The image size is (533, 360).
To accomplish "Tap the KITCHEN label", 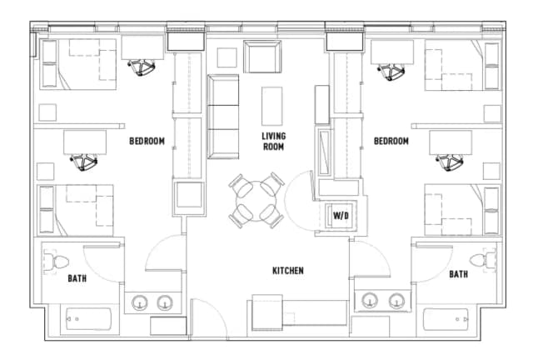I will pos(287,271).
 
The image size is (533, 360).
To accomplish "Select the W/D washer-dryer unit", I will pos(340,215).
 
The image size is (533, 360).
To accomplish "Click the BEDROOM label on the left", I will pos(147,141).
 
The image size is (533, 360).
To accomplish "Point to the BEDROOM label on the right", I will pos(391,142).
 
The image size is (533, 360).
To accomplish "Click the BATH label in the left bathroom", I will pos(77,278).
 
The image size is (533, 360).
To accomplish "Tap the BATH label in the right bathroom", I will pos(458,273).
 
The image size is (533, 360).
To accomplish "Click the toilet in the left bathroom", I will pos(56,262).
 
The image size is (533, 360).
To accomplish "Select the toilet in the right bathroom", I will pos(479,260).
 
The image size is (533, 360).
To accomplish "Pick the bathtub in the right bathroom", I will pos(446,321).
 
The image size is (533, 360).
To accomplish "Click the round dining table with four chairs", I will pos(256,200).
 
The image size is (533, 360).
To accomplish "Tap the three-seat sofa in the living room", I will pos(222,116).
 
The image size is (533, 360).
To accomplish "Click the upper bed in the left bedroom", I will pos(78,62).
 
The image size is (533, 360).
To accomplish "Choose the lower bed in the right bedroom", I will pos(461,209).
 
